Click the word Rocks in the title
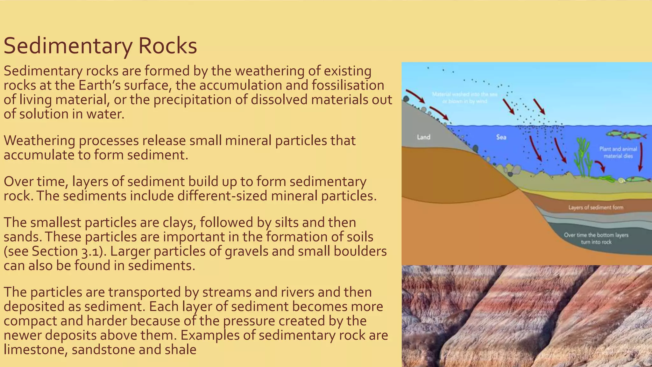pyautogui.click(x=167, y=46)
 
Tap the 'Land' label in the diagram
pyautogui.click(x=423, y=137)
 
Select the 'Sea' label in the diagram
pyautogui.click(x=501, y=137)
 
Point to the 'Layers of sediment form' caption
pyautogui.click(x=596, y=208)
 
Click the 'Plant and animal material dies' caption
pyautogui.click(x=618, y=152)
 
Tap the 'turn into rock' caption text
pyautogui.click(x=596, y=242)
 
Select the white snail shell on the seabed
pyautogui.click(x=621, y=181)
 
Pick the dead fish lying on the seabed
pyautogui.click(x=638, y=179)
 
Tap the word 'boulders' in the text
pyautogui.click(x=360, y=251)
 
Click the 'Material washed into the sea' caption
pyautogui.click(x=464, y=94)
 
